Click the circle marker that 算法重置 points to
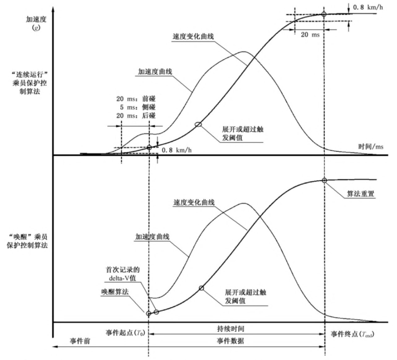point(324,180)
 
